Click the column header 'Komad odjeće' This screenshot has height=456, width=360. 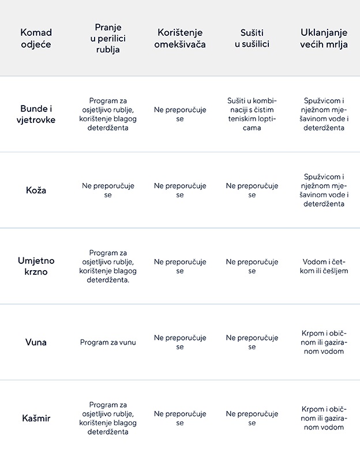point(36,38)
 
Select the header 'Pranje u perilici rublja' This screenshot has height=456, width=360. point(108,38)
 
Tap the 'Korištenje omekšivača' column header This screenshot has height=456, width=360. point(180,38)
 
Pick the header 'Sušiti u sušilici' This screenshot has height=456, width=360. point(252,38)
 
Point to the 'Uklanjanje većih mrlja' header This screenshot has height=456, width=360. point(324,38)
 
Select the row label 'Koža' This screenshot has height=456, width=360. point(36,190)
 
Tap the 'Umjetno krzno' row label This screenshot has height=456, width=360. point(36,266)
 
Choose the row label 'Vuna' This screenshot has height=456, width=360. point(36,342)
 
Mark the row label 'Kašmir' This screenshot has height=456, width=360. point(36,418)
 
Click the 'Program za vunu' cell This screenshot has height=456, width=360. point(108,342)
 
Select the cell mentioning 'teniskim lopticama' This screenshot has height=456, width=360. point(252,114)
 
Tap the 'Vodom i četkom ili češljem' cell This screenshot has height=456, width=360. point(324,266)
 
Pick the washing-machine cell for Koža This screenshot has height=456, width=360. point(108,190)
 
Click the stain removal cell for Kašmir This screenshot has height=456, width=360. point(324,418)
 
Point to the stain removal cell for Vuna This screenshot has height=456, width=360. point(324,342)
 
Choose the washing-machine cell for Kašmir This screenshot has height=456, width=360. point(108,418)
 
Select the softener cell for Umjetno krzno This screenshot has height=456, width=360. point(180,266)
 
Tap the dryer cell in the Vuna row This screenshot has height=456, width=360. point(252,342)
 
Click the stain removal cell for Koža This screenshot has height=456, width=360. point(324,190)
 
